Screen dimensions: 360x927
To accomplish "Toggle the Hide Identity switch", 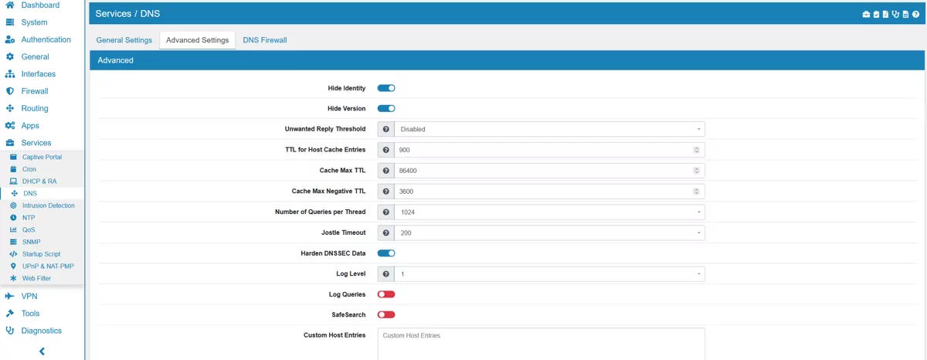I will tap(386, 88).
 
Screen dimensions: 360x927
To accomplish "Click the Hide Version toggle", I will tap(386, 109).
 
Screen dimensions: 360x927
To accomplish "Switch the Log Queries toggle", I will tap(386, 294).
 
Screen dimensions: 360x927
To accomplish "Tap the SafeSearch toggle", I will tap(386, 314).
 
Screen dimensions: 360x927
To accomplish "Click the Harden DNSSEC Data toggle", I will tap(386, 253).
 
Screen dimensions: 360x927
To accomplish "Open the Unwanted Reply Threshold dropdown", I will tap(549, 129).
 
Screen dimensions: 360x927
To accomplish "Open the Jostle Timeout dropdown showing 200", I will tap(549, 233).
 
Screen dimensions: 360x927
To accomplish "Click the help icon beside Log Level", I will tap(385, 273).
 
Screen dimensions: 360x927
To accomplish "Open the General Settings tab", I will tap(124, 40).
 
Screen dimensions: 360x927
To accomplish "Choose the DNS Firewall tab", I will tap(264, 40).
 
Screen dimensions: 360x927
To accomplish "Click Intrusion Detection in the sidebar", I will tap(48, 205).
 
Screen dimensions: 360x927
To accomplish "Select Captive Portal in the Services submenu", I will tap(42, 157).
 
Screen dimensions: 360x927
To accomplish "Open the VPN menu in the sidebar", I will tap(29, 296).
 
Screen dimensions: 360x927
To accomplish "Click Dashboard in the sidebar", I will tap(40, 5).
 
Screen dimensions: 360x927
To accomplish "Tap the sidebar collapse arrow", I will tap(42, 352).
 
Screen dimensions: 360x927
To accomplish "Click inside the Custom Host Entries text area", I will tap(541, 345).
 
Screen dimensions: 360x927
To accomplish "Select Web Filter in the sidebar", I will tap(36, 278).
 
